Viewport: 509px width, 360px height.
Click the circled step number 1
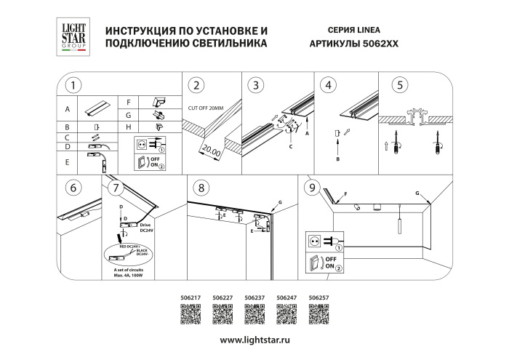pyautogui.click(x=72, y=85)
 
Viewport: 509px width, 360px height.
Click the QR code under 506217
pyautogui.click(x=190, y=313)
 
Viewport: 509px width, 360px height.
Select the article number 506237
pyautogui.click(x=254, y=297)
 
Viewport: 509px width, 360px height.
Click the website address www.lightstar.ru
pyautogui.click(x=254, y=340)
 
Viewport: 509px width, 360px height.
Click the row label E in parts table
pyautogui.click(x=67, y=162)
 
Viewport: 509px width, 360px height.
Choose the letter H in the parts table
pyautogui.click(x=128, y=127)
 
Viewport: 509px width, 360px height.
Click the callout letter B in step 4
pyautogui.click(x=338, y=159)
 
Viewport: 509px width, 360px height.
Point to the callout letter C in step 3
pyautogui.click(x=290, y=146)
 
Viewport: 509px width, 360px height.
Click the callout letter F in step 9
pyautogui.click(x=345, y=194)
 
